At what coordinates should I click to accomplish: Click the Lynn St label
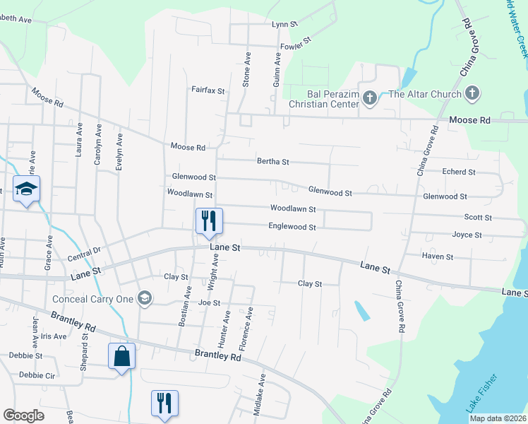click(285, 24)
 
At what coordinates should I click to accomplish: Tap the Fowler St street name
click(296, 47)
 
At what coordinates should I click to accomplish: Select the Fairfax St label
click(208, 90)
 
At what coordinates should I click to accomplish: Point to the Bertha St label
click(273, 162)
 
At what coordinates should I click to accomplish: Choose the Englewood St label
click(292, 227)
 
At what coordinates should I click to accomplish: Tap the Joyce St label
click(467, 235)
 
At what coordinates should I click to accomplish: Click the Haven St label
click(438, 256)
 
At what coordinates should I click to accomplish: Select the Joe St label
click(210, 302)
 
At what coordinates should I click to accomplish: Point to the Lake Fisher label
click(481, 394)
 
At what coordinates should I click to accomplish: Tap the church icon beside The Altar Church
click(472, 94)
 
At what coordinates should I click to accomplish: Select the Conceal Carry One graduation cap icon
click(145, 298)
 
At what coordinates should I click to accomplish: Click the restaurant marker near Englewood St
click(209, 220)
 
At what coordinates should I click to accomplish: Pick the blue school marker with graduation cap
click(27, 189)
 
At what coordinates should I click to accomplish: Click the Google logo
click(23, 416)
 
